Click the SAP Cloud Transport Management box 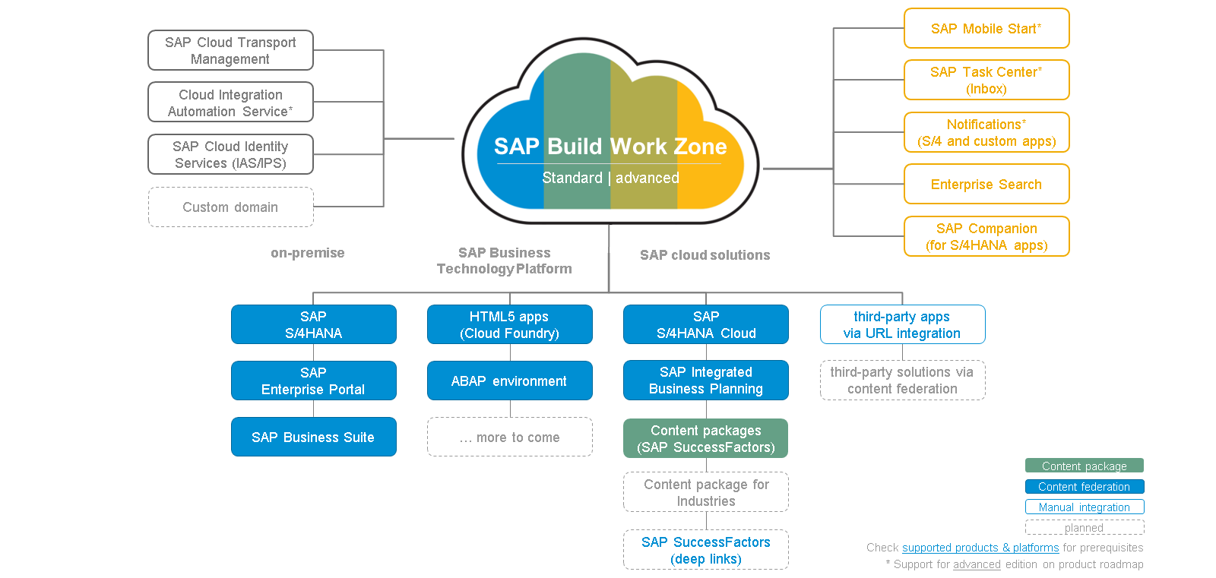click(231, 50)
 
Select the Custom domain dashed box click(231, 207)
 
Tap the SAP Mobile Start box click(986, 28)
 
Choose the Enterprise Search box click(986, 184)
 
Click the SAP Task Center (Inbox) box click(986, 80)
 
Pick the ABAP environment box click(510, 381)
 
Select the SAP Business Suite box click(314, 437)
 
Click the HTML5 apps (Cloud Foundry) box click(510, 324)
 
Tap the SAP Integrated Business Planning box click(706, 380)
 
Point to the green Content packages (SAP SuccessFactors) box click(706, 438)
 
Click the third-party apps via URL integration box click(902, 324)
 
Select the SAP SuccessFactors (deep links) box click(706, 550)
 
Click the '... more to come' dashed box click(510, 437)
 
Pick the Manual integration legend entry click(1085, 507)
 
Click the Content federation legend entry click(1085, 486)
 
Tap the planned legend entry click(1085, 528)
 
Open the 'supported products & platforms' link click(980, 548)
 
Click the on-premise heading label click(307, 253)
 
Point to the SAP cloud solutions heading click(705, 255)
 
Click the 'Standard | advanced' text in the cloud click(611, 178)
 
